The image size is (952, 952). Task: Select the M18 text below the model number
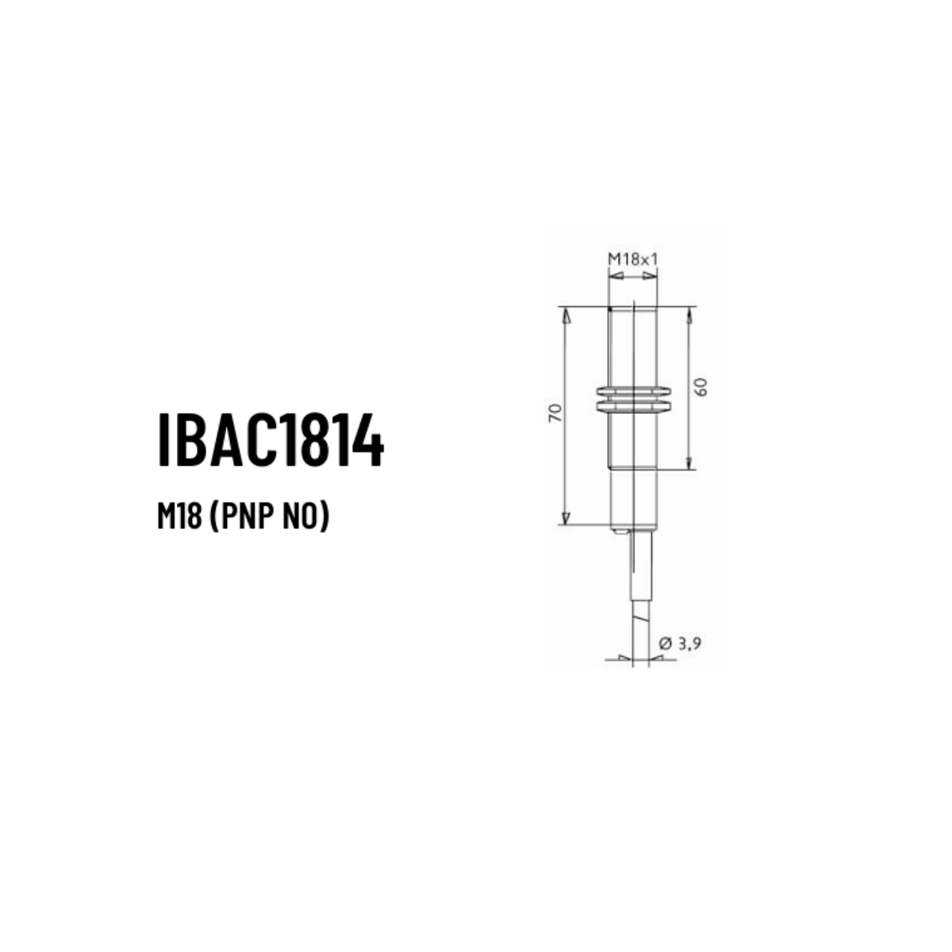click(x=180, y=517)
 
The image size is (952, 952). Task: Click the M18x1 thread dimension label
click(x=633, y=259)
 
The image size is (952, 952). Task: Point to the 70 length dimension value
click(x=556, y=413)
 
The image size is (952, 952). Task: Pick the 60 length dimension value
click(x=701, y=387)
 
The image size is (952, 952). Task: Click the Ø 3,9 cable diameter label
click(x=680, y=643)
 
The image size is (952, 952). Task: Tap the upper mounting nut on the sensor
click(x=634, y=392)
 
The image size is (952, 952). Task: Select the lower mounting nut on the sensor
click(x=634, y=406)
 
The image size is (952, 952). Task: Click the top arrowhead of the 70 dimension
click(x=566, y=316)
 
